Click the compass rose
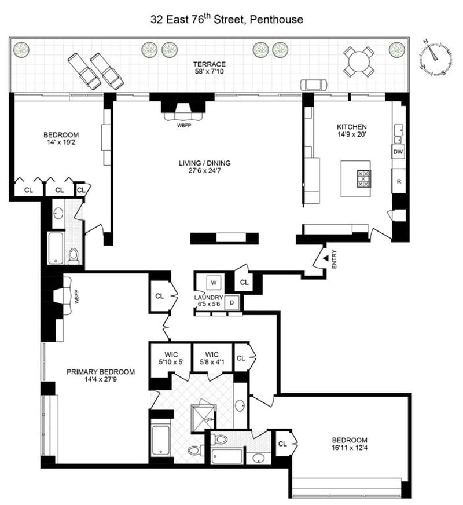[436, 58]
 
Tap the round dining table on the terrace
[359, 61]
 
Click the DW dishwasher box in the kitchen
[398, 152]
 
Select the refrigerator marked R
[399, 181]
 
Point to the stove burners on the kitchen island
[363, 179]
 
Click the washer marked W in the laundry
[214, 283]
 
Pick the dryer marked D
[231, 302]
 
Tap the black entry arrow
[326, 258]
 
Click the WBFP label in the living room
[183, 125]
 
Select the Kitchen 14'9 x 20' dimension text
[352, 134]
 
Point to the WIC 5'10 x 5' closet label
[171, 358]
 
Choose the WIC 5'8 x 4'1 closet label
[212, 358]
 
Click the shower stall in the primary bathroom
[203, 418]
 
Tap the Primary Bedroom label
[101, 372]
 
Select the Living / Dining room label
[205, 163]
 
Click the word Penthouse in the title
[277, 20]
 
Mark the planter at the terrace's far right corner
[396, 50]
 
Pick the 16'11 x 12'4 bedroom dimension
[350, 447]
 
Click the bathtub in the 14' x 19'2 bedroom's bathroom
[56, 248]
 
